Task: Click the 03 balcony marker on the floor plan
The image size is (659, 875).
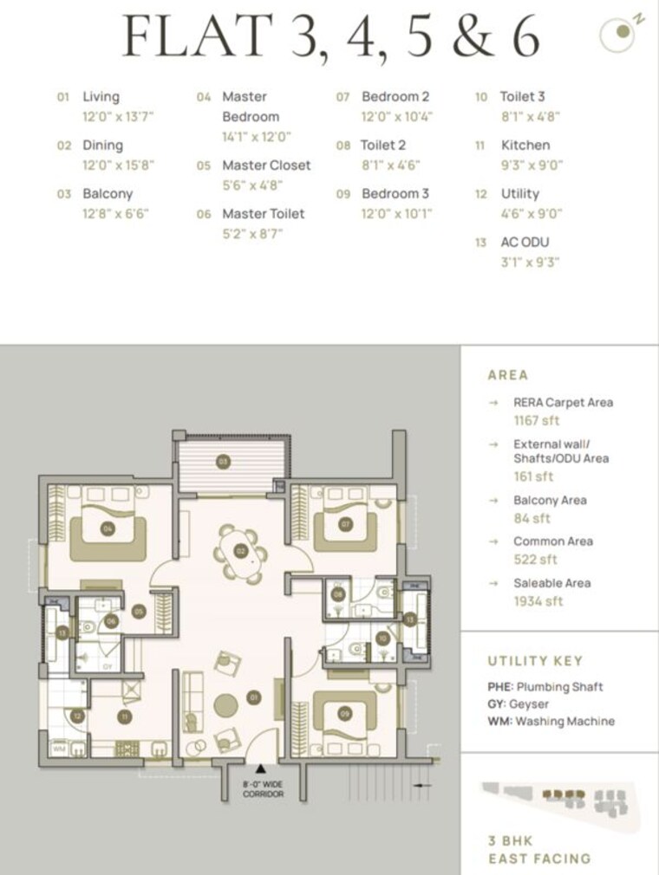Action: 223,462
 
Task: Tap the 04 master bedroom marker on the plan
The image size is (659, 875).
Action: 108,528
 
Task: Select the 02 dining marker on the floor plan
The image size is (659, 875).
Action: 240,551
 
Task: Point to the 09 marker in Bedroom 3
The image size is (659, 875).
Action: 344,714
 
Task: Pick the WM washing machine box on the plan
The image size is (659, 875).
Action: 59,748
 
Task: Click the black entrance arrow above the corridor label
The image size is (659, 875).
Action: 259,768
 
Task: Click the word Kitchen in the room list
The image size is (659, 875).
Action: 525,145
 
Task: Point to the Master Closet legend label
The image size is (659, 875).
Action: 265,165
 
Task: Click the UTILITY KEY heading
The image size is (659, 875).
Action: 535,661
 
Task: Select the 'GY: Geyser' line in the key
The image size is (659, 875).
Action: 518,703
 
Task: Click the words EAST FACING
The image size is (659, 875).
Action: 538,859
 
